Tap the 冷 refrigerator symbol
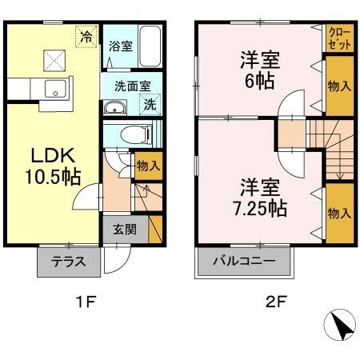tap(86, 36)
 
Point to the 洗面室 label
tap(126, 84)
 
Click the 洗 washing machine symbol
tap(150, 103)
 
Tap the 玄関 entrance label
tap(124, 229)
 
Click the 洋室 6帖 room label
tap(258, 69)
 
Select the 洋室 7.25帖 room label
tap(261, 198)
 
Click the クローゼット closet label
tap(338, 38)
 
